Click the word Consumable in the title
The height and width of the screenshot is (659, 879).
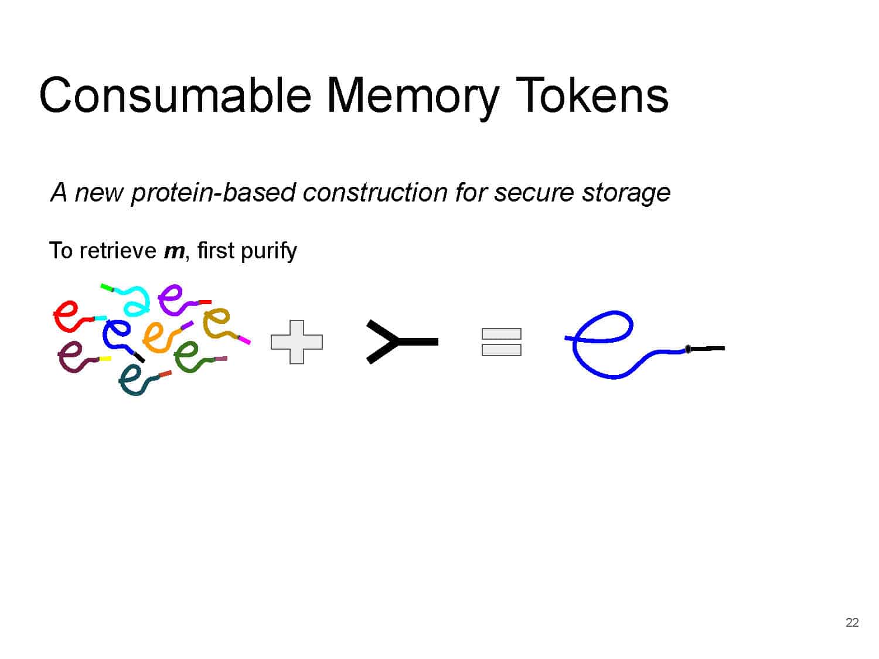[175, 95]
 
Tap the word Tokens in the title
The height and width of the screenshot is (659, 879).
[592, 95]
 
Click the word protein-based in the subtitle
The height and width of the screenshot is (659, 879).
[212, 193]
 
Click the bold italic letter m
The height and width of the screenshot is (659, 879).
[174, 251]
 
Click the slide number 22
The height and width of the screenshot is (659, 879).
[852, 622]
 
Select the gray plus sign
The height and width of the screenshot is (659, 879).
[297, 342]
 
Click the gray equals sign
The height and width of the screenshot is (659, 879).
[501, 342]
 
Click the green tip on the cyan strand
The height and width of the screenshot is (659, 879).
[107, 288]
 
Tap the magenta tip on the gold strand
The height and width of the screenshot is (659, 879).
[244, 340]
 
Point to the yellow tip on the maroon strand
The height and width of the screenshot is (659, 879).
[105, 358]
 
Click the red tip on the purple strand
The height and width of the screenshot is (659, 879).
[205, 302]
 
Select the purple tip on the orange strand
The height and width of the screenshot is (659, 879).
[187, 325]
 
